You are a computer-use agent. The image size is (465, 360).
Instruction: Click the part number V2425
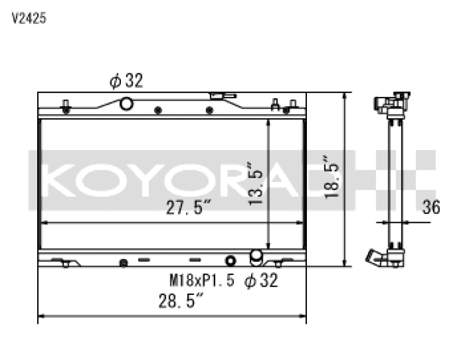pyautogui.click(x=29, y=18)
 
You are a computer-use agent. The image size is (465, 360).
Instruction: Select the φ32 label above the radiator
pyautogui.click(x=126, y=81)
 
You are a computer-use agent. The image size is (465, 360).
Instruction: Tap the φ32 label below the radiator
pyautogui.click(x=262, y=281)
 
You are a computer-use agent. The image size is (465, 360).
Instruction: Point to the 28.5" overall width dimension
pyautogui.click(x=182, y=301)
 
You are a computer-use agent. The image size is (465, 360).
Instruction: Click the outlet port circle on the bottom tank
pyautogui.click(x=256, y=256)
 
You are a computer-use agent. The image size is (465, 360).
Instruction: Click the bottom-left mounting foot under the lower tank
pyautogui.click(x=65, y=263)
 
